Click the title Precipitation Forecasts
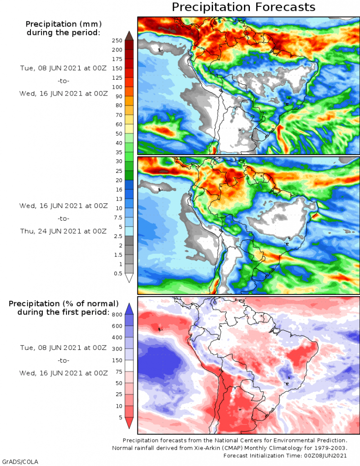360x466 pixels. (x=243, y=7)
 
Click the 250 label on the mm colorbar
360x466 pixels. (x=118, y=41)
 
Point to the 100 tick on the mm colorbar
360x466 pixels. (x=118, y=87)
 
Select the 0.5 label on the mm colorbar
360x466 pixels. (x=118, y=274)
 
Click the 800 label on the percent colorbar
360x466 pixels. (x=118, y=314)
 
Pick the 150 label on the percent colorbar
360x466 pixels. (x=118, y=360)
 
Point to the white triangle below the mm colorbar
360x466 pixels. (x=129, y=278)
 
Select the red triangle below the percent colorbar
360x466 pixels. (x=129, y=423)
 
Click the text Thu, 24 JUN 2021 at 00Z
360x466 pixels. (x=63, y=231)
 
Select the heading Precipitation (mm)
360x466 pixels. (x=63, y=24)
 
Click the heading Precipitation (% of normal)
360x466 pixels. (x=64, y=303)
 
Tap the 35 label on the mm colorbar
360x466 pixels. (x=118, y=152)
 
